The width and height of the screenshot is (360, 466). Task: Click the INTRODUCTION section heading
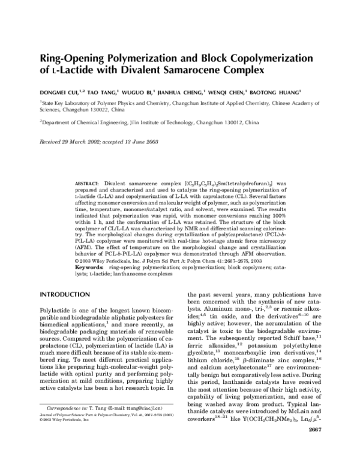click(x=64, y=295)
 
